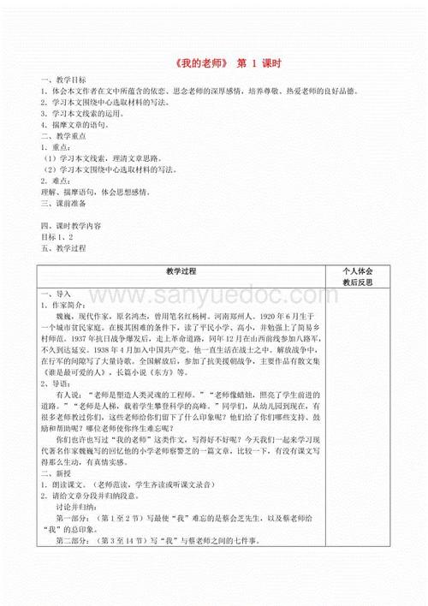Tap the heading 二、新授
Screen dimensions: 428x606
tap(53, 473)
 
